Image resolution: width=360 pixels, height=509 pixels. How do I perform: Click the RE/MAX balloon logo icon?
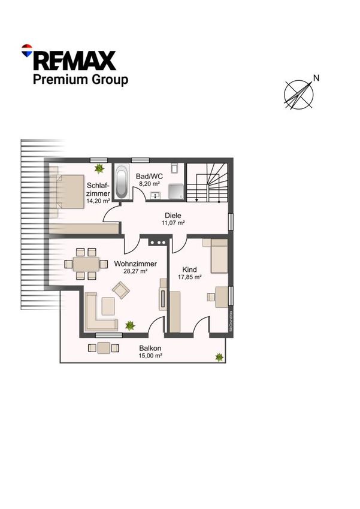click(26, 50)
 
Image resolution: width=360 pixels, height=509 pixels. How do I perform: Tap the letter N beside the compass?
click(316, 78)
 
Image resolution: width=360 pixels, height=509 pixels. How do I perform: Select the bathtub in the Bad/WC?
click(122, 181)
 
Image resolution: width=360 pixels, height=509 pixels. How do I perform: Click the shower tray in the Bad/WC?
click(176, 192)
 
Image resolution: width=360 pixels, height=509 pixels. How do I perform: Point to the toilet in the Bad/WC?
click(175, 168)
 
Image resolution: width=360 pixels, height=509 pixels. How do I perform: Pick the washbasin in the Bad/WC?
click(156, 195)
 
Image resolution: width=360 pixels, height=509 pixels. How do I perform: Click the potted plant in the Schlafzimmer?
click(99, 168)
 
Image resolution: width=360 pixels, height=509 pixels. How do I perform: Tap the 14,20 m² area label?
click(98, 201)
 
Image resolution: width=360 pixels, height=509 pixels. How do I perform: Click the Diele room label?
click(173, 216)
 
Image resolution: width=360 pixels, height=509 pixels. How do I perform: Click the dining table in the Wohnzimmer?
click(86, 264)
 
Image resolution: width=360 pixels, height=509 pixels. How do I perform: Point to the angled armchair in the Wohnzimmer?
click(121, 290)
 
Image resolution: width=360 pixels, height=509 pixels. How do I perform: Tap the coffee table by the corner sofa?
click(108, 306)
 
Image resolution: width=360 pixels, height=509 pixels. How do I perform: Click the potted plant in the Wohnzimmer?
click(130, 325)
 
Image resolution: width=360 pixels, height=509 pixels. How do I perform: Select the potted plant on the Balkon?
click(219, 357)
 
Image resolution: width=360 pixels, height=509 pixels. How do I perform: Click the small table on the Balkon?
click(104, 348)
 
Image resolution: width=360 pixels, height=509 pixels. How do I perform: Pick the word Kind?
click(189, 269)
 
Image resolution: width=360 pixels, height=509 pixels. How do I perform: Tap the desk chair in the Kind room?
click(211, 296)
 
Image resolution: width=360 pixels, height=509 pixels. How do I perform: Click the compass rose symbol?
click(299, 95)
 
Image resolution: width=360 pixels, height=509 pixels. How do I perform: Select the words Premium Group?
click(80, 80)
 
